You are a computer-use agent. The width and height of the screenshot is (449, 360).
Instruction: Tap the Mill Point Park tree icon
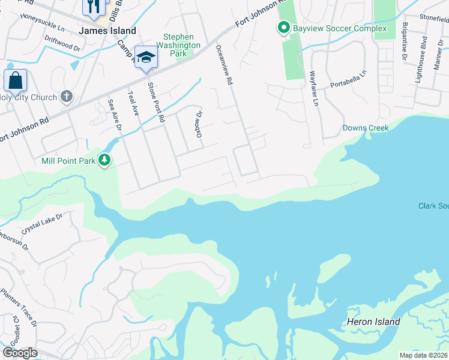pyautogui.click(x=106, y=160)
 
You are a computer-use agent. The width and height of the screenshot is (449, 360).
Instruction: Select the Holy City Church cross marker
pyautogui.click(x=66, y=97)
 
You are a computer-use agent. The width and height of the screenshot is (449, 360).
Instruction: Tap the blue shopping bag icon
pyautogui.click(x=15, y=80)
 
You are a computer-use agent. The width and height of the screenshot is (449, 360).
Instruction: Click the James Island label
pyautogui.click(x=107, y=31)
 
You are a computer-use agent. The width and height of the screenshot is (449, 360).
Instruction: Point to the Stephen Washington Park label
pyautogui.click(x=178, y=45)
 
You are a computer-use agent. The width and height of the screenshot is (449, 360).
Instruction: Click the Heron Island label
pyautogui.click(x=373, y=322)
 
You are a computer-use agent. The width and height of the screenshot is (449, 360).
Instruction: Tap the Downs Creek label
pyautogui.click(x=366, y=128)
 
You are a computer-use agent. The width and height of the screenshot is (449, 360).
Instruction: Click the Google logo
pyautogui.click(x=20, y=353)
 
